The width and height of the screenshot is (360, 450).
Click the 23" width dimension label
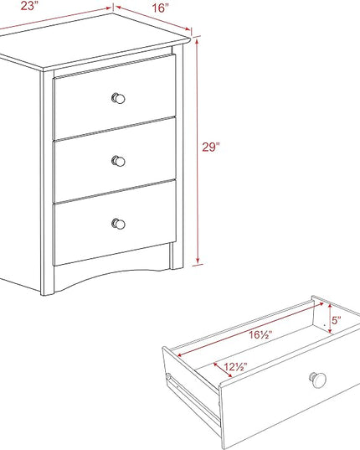click(29, 6)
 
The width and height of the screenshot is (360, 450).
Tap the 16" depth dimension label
click(160, 8)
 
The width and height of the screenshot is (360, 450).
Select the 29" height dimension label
click(211, 147)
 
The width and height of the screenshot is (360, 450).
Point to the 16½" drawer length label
click(260, 334)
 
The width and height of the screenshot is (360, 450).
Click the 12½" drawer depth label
click(235, 367)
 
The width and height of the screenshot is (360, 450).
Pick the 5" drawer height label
click(337, 320)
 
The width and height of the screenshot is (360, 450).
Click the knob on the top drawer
click(118, 98)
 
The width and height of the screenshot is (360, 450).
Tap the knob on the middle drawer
click(118, 161)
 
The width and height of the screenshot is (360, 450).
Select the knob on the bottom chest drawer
click(118, 224)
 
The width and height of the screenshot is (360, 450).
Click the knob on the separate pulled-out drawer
click(317, 380)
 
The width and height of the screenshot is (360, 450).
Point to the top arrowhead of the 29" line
click(197, 42)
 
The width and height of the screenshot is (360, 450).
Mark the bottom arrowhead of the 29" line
click(198, 261)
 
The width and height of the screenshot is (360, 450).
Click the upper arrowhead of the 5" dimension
click(330, 307)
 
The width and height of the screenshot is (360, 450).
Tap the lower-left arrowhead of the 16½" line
click(181, 354)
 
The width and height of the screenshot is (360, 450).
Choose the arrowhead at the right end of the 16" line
click(188, 28)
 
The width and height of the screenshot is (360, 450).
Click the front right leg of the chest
click(177, 157)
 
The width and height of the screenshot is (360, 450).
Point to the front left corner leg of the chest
click(47, 183)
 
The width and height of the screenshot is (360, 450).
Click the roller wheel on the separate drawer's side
click(168, 376)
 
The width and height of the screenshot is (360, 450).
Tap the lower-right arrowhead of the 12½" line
click(229, 375)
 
